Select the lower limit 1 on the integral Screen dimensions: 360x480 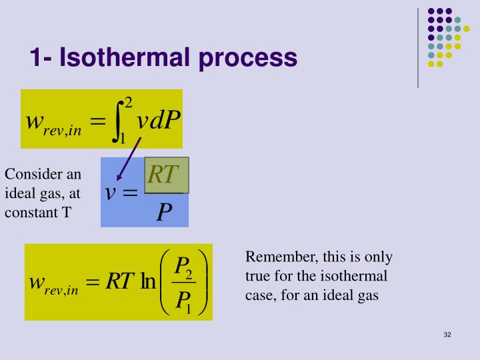[x=122, y=139]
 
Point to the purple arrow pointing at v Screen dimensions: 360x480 [x=129, y=159]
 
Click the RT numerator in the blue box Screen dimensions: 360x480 [x=164, y=175]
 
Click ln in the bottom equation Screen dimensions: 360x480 [x=147, y=282]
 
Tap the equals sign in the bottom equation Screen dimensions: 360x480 [x=93, y=282]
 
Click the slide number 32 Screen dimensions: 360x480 [x=447, y=333]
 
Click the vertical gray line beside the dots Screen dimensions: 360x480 [x=418, y=47]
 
